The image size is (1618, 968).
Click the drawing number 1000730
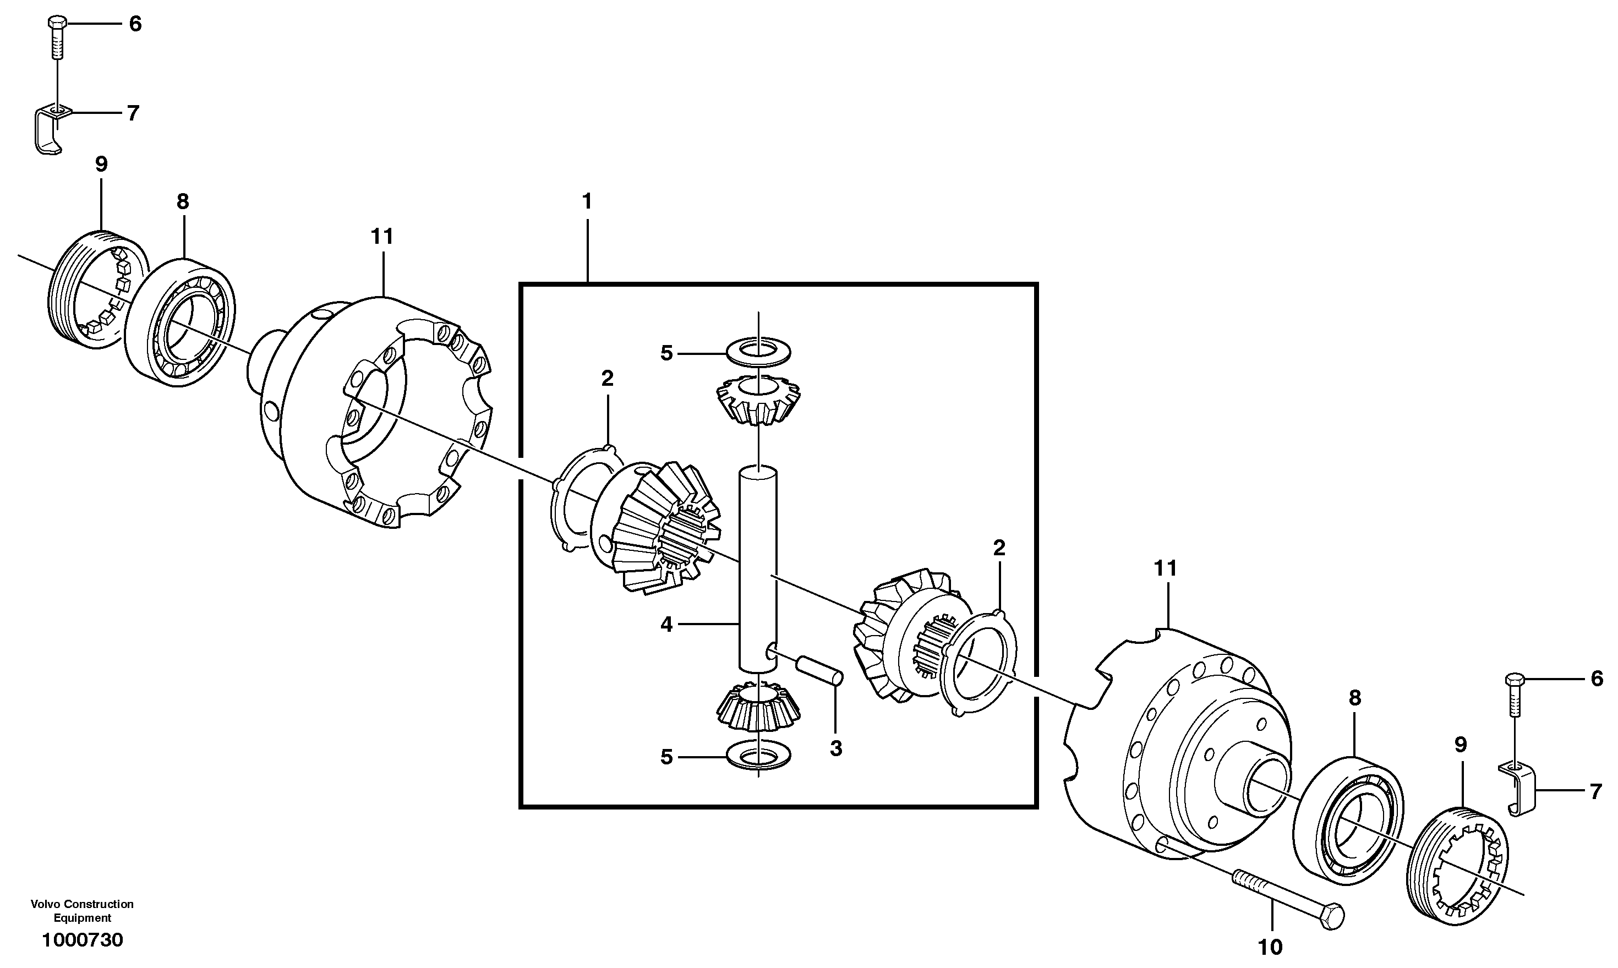click(82, 940)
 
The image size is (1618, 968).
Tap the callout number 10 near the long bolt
click(1269, 947)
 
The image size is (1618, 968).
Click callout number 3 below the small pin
click(835, 748)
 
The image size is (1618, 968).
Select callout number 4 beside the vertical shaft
click(666, 624)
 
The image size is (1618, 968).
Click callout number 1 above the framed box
click(587, 201)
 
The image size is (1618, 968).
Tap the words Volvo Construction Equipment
click(82, 911)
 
